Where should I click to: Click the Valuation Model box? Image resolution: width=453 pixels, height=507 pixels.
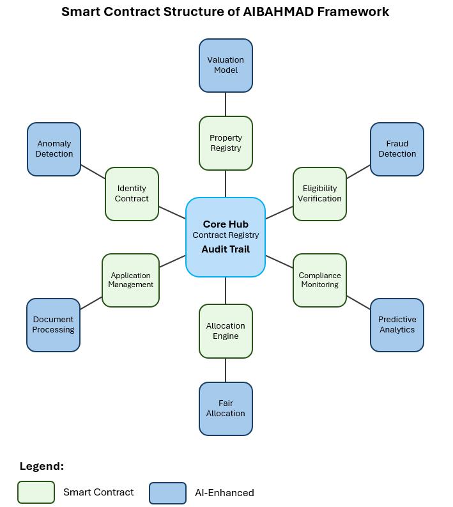pos(226,65)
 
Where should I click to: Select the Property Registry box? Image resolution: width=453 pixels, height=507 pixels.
pos(226,143)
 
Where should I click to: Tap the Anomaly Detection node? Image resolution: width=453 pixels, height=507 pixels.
pos(54,149)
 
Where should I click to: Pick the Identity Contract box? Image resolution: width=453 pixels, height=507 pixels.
pos(132,194)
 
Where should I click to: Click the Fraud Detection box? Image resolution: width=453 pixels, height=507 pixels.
pos(397,149)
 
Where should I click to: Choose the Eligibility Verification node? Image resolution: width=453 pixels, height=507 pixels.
pos(319,194)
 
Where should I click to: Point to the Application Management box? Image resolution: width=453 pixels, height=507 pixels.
pos(130,280)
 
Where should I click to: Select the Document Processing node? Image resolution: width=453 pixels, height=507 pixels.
pos(53,325)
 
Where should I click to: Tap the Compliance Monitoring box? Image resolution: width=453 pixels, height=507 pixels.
pos(319,280)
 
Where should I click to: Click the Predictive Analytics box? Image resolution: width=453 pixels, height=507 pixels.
pos(397,325)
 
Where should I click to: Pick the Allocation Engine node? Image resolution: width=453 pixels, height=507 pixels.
pos(226,331)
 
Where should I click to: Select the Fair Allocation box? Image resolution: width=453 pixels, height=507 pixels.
pos(226,409)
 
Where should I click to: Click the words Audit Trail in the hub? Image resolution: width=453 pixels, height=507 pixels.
pos(226,249)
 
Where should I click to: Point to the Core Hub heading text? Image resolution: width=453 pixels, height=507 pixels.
pos(226,224)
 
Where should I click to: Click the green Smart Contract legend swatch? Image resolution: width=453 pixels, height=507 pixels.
pos(36,492)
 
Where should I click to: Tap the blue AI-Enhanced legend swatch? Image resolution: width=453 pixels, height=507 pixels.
pos(167,493)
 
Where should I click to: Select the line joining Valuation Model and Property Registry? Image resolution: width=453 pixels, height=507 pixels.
pos(226,104)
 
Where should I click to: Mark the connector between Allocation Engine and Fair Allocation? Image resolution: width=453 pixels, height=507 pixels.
pos(226,370)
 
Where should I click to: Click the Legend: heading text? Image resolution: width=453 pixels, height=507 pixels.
pos(42,466)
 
